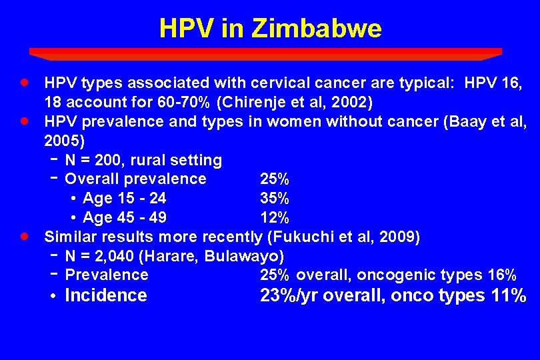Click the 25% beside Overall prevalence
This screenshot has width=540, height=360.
tap(274, 179)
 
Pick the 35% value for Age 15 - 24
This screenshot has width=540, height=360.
tap(274, 199)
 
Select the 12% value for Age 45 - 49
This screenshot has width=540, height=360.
tap(274, 218)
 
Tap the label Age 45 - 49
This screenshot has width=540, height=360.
tap(125, 218)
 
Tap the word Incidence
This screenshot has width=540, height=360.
tap(105, 295)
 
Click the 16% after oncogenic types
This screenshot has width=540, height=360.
tap(502, 275)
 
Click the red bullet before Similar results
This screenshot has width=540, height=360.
tap(24, 236)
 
